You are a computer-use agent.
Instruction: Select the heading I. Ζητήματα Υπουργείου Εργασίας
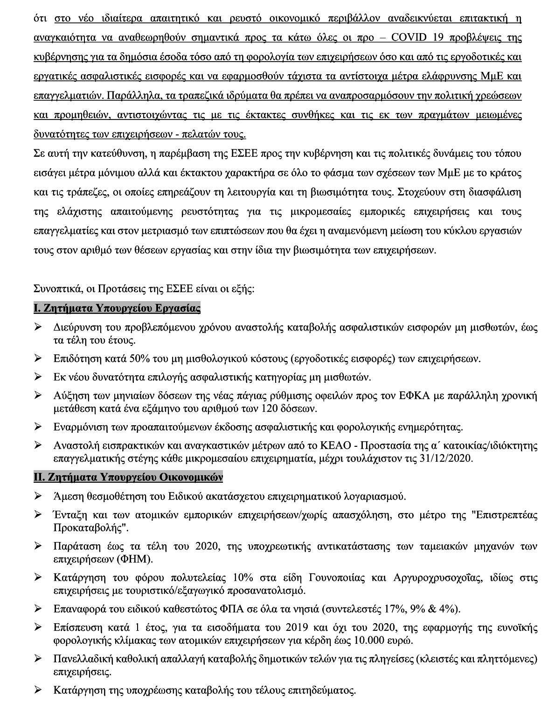pos(117,309)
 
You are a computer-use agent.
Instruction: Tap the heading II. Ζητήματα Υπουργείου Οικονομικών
pos(128,477)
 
